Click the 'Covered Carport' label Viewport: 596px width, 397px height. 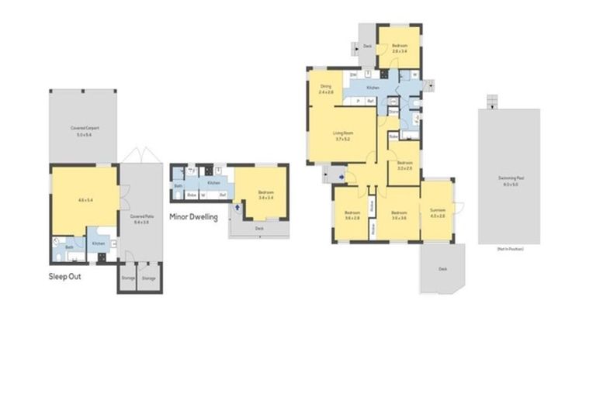[x=84, y=128]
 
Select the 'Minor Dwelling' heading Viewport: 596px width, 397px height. [x=193, y=218]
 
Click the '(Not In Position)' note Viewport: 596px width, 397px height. [x=508, y=250]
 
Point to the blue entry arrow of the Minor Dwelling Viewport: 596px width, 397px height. [x=235, y=207]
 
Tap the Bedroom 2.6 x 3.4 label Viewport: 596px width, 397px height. [x=399, y=47]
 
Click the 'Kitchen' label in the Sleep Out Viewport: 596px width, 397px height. [x=99, y=243]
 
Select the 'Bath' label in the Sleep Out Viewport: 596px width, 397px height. [x=69, y=247]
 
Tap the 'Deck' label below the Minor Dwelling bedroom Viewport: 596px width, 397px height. [x=260, y=227]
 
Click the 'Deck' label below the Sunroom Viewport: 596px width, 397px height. [x=443, y=269]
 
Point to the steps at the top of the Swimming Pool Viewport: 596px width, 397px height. [x=490, y=102]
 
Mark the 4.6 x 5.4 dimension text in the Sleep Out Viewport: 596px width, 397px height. [x=85, y=200]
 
